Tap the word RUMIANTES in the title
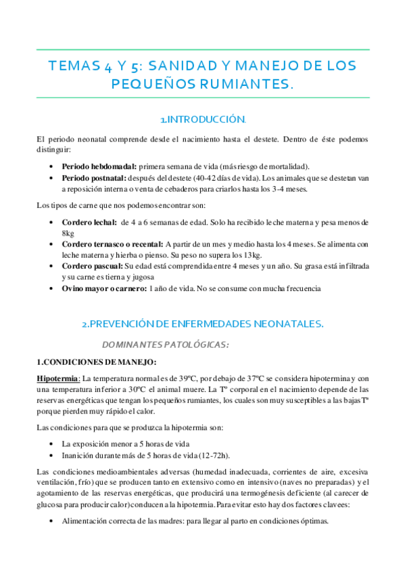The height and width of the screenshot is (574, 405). pyautogui.click(x=239, y=85)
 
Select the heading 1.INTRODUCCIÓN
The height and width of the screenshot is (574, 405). pyautogui.click(x=202, y=120)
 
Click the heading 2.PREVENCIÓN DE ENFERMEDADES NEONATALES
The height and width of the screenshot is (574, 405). pyautogui.click(x=202, y=324)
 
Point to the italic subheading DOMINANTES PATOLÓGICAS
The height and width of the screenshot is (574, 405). pyautogui.click(x=165, y=345)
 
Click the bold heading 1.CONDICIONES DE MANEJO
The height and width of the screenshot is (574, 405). pyautogui.click(x=97, y=361)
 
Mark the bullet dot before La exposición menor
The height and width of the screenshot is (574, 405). pyautogui.click(x=53, y=443)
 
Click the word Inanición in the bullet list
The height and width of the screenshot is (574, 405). pyautogui.click(x=77, y=455)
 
